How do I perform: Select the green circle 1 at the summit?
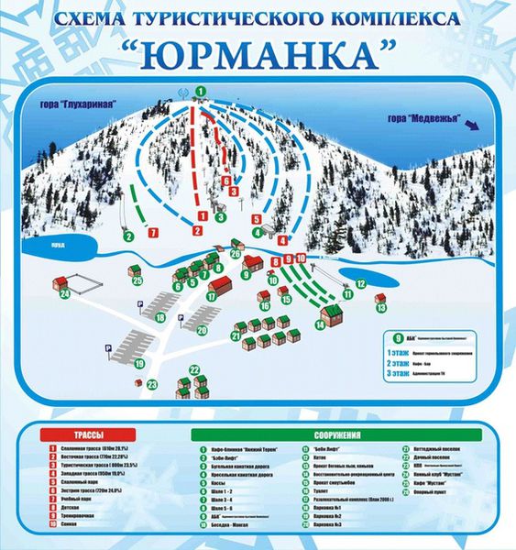200,92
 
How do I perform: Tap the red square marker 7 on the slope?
152,233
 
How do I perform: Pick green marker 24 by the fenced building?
65,294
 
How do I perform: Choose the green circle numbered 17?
211,296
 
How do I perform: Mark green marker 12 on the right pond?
360,283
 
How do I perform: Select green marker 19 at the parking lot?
140,364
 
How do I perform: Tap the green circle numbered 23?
151,384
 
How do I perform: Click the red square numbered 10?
301,260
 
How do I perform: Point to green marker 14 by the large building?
321,324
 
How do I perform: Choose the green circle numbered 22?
195,368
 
